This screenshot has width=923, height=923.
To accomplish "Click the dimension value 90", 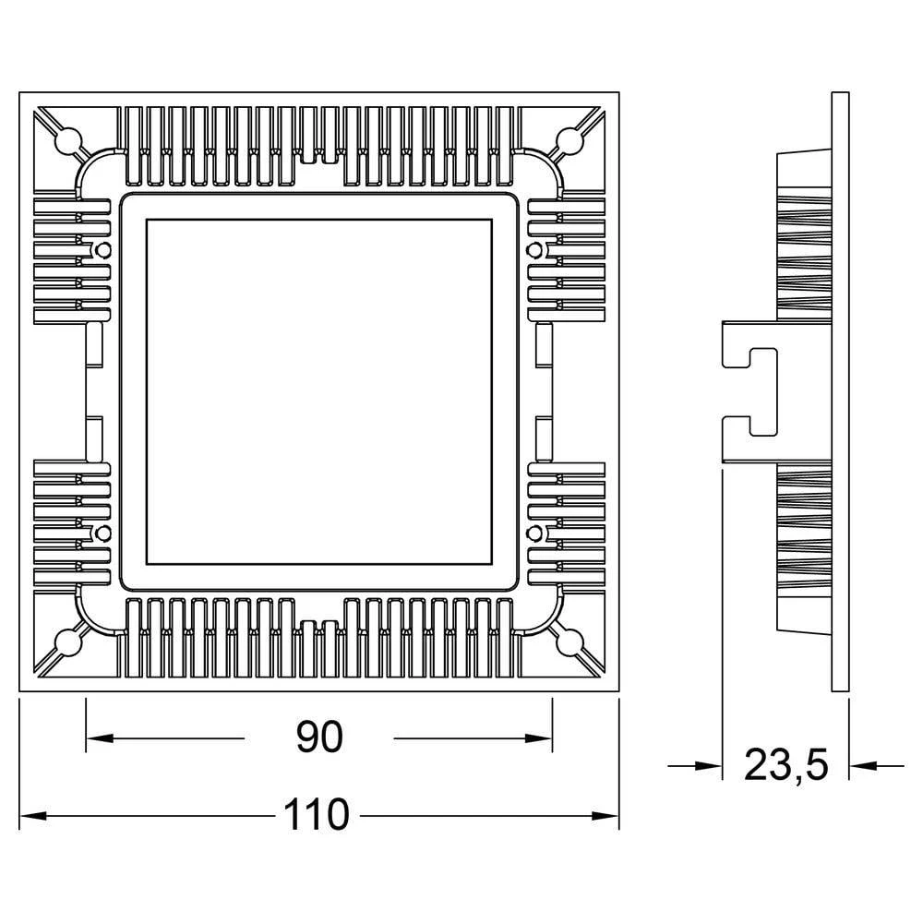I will click(x=319, y=737).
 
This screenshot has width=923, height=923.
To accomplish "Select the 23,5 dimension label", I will click(x=786, y=764).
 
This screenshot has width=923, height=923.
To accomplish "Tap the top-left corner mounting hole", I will click(x=66, y=140).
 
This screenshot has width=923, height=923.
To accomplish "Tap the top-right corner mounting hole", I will click(x=570, y=140).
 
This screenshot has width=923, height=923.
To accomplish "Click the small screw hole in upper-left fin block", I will click(x=102, y=250).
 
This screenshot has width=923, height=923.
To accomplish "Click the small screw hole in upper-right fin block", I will click(x=533, y=250).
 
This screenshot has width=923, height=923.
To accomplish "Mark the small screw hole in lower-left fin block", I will click(x=102, y=533).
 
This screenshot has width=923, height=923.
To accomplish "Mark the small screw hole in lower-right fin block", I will click(x=533, y=533).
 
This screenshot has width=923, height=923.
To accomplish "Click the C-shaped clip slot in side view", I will click(x=762, y=391).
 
